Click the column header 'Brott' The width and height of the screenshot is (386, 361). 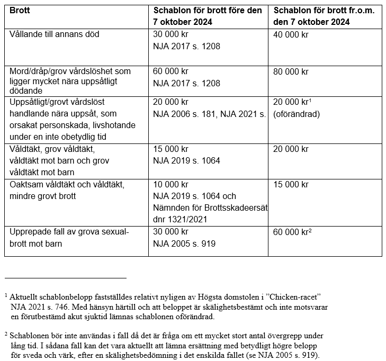pyautogui.click(x=20, y=11)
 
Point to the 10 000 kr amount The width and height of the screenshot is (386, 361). pyautogui.click(x=170, y=185)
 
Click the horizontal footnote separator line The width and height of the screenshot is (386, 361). pyautogui.click(x=66, y=277)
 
